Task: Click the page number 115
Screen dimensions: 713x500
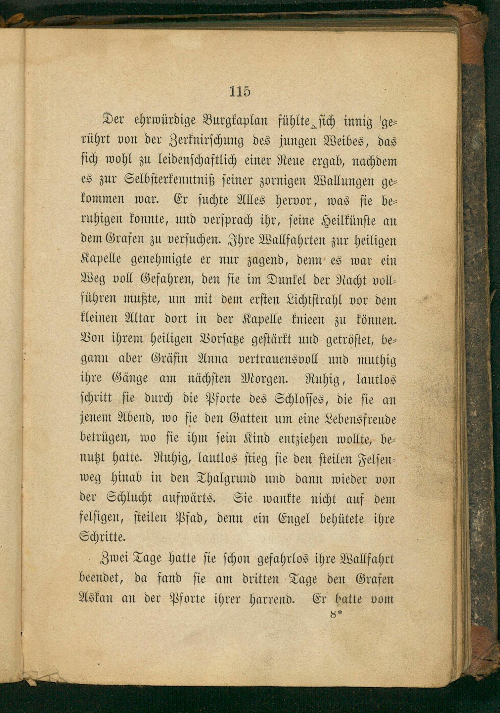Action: [x=240, y=91]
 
